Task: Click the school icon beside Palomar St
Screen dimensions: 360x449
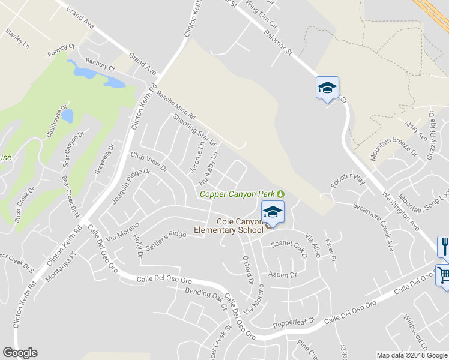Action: [327, 88]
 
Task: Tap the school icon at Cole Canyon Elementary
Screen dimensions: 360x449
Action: [273, 212]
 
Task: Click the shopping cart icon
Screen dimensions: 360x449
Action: [444, 275]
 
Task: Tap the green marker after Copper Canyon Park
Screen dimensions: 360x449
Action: [280, 193]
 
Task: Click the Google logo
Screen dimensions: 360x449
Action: [20, 353]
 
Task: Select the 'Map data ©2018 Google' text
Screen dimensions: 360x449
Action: [412, 355]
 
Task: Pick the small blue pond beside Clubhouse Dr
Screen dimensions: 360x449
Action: [68, 115]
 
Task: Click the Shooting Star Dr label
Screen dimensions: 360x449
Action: [193, 128]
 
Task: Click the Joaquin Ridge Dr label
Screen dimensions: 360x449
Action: [130, 185]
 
